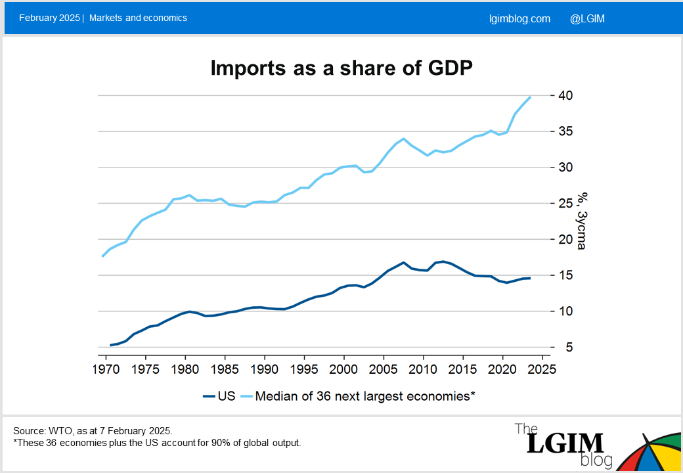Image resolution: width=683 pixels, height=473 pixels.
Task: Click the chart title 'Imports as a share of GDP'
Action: [341, 68]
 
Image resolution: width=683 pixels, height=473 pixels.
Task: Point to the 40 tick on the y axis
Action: [565, 96]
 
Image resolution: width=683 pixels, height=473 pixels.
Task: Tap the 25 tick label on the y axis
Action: [565, 204]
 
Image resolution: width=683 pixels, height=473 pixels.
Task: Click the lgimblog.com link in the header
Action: [519, 18]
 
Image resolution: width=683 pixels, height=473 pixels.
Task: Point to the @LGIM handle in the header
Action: [587, 18]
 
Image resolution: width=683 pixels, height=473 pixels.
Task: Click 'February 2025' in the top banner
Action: [49, 18]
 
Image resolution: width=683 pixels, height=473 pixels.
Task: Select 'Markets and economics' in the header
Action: [138, 18]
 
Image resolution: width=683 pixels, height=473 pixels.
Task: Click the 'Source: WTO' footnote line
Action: [93, 431]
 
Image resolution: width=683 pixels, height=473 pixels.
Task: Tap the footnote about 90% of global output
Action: [157, 443]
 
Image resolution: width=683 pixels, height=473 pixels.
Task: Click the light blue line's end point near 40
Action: [530, 97]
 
